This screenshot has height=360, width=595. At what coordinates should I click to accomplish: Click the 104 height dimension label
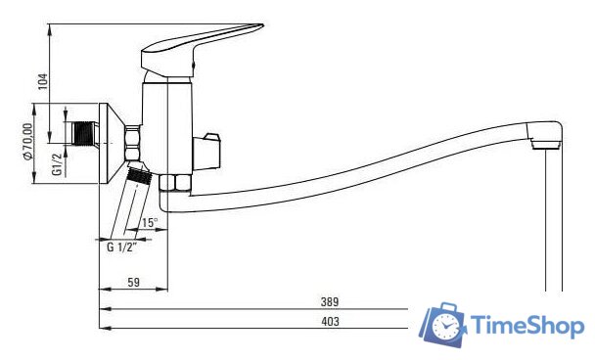[x=44, y=81]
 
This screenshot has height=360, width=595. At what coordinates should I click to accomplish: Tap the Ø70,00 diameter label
[x=27, y=142]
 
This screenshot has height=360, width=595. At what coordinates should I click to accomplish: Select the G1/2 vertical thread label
[x=57, y=164]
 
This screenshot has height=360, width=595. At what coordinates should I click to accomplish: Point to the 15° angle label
[x=149, y=222]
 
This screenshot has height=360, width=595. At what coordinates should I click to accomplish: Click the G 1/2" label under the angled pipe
[x=121, y=247]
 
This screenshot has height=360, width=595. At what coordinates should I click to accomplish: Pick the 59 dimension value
[x=133, y=283]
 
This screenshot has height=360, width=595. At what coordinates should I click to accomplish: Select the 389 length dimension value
[x=330, y=302]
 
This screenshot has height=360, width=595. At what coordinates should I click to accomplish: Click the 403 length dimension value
[x=330, y=321]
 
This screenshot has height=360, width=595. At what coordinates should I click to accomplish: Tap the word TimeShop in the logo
[x=527, y=326]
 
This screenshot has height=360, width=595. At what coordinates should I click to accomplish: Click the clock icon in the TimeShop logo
[x=444, y=325]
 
